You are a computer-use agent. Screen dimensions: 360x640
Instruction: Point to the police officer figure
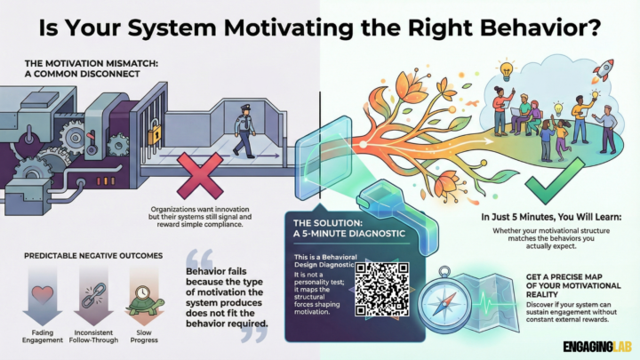(x=241, y=128)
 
